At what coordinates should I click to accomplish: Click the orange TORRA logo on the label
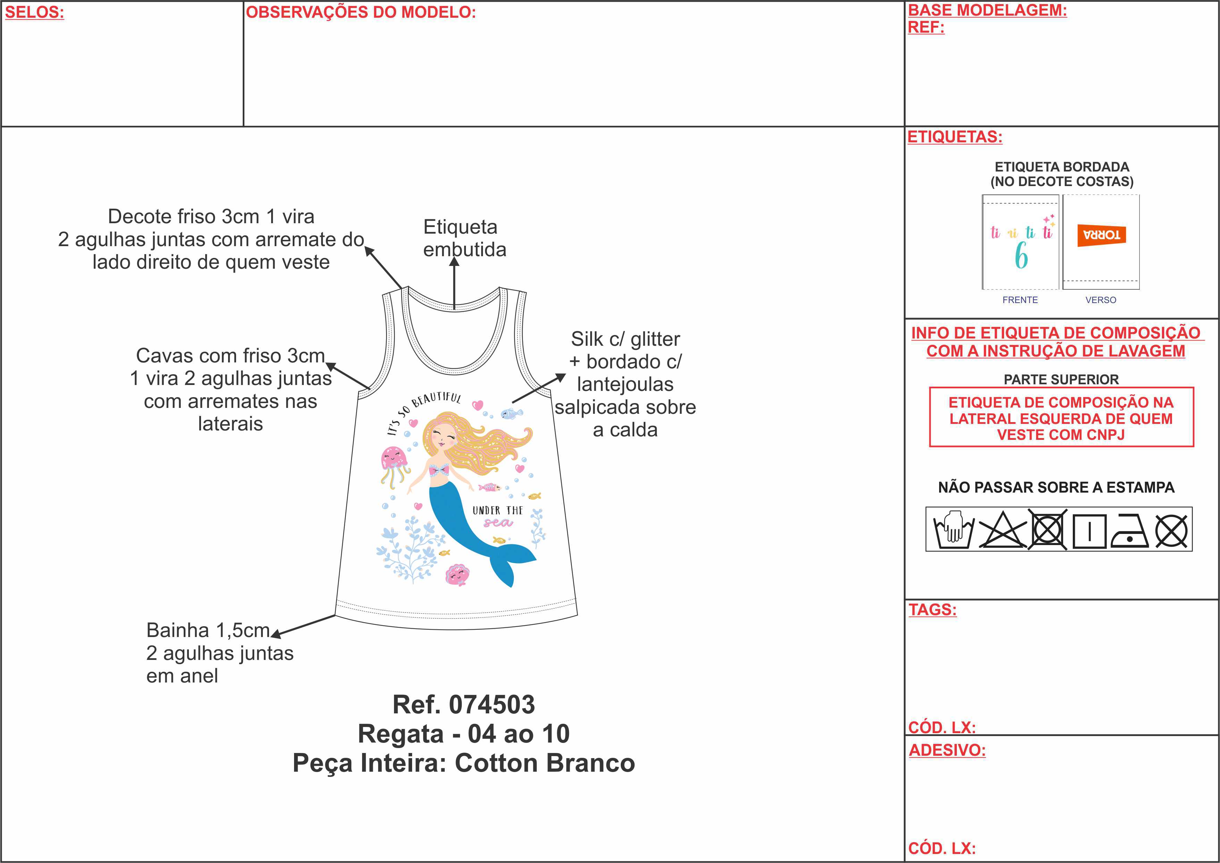click(1102, 235)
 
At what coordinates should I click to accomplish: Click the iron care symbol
click(1130, 531)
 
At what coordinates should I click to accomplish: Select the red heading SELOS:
click(34, 12)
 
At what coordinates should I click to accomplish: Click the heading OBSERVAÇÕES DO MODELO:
click(361, 12)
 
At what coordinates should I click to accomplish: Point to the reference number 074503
click(492, 705)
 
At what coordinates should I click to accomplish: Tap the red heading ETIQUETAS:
click(955, 137)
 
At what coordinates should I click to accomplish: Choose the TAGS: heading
click(933, 610)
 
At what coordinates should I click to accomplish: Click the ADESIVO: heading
click(947, 750)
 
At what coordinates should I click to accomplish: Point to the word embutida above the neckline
click(465, 250)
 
